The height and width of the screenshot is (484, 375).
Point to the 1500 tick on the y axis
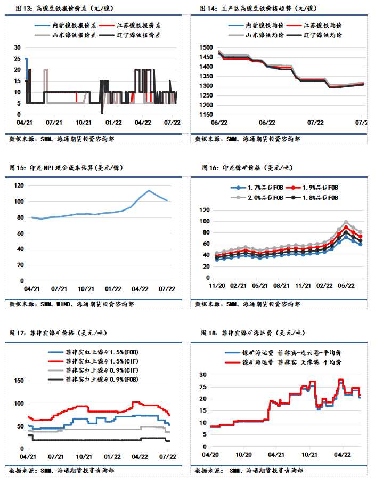pyautogui.click(x=205, y=48)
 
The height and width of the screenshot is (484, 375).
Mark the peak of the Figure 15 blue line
pyautogui.click(x=149, y=190)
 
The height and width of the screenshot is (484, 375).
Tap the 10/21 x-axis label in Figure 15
pyautogui.click(x=86, y=288)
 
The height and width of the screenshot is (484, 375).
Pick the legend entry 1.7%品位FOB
pyautogui.click(x=257, y=188)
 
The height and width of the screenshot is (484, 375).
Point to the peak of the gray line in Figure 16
pyautogui.click(x=346, y=222)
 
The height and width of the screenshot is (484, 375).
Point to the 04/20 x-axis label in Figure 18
pyautogui.click(x=211, y=455)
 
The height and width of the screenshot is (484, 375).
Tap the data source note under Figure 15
pyautogui.click(x=71, y=304)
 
